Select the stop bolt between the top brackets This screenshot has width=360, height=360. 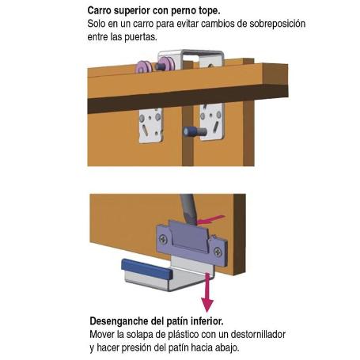(x=194, y=128)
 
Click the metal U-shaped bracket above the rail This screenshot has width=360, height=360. (x=203, y=59)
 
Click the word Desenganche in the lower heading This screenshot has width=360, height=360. (x=125, y=322)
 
